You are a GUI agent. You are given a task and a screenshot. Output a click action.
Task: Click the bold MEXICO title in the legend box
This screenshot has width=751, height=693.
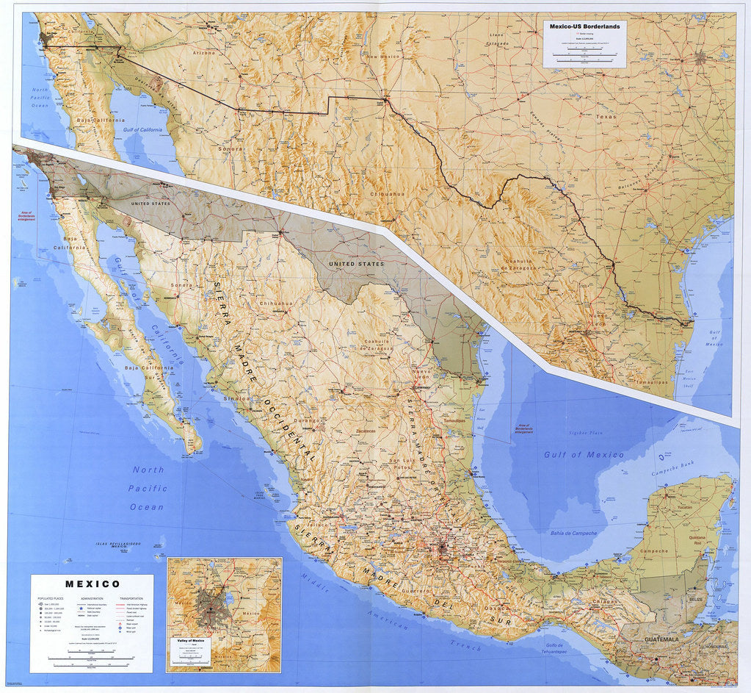[92, 584]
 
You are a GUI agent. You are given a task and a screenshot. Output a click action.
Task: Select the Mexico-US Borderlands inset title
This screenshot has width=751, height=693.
[584, 26]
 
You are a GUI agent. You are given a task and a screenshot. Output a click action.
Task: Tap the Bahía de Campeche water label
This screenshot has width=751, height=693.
[573, 532]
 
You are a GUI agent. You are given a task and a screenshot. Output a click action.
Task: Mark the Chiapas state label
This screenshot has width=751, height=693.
[606, 601]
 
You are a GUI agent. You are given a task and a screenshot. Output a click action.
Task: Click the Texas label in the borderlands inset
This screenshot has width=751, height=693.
[606, 117]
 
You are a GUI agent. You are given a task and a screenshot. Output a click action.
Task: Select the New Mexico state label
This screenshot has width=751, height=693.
[382, 57]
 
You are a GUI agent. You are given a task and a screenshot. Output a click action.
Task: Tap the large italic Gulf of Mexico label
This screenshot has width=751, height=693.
[584, 455]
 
